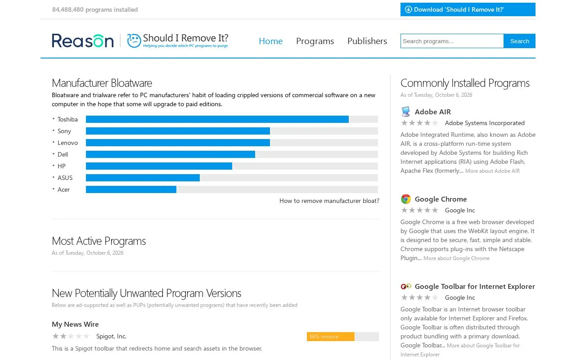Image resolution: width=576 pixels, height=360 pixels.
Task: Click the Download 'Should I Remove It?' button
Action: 468,9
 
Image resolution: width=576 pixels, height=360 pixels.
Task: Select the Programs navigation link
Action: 315,41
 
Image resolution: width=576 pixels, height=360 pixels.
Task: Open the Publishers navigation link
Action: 367,41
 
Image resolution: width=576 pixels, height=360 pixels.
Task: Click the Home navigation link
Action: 270,41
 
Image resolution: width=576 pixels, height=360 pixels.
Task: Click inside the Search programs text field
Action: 452,41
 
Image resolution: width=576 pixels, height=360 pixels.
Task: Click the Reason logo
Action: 82,40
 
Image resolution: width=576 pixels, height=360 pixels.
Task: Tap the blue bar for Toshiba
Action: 217,119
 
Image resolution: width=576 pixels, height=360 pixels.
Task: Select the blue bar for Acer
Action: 131,189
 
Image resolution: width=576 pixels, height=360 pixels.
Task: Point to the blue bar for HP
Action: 159,166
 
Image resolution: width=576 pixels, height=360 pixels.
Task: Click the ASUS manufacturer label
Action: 65,178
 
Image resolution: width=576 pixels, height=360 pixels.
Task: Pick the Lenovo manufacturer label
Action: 67,143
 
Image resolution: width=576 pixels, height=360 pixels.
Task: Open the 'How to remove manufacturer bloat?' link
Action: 329,201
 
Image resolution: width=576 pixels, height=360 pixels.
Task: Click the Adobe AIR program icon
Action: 406,112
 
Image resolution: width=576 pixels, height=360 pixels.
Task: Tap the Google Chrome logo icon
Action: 406,199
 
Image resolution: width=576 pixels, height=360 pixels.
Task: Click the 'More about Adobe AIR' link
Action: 492,171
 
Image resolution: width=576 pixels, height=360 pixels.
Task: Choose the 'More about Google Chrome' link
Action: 456,258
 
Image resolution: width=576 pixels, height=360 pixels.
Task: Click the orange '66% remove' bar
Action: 331,337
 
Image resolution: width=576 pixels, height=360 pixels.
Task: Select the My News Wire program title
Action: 75,324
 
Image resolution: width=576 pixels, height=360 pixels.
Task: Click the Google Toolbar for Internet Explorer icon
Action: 406,286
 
